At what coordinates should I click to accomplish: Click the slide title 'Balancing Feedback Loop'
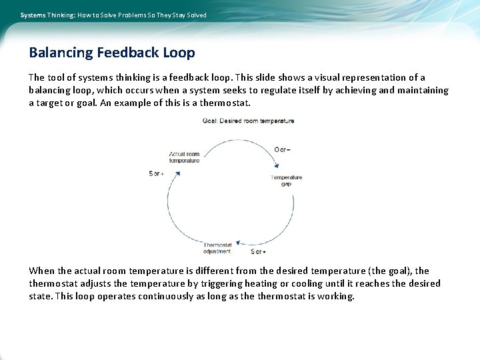112,52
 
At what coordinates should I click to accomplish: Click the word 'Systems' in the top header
33,15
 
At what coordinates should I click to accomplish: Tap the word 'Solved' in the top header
196,15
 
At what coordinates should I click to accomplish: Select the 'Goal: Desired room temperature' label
248,121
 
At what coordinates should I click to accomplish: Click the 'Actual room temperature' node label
184,157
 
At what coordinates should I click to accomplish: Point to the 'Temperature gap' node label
286,181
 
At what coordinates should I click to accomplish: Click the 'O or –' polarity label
282,149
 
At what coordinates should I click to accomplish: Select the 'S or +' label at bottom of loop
257,252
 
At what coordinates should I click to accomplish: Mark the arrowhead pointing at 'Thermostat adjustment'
243,245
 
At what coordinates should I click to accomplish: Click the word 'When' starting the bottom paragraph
41,271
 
